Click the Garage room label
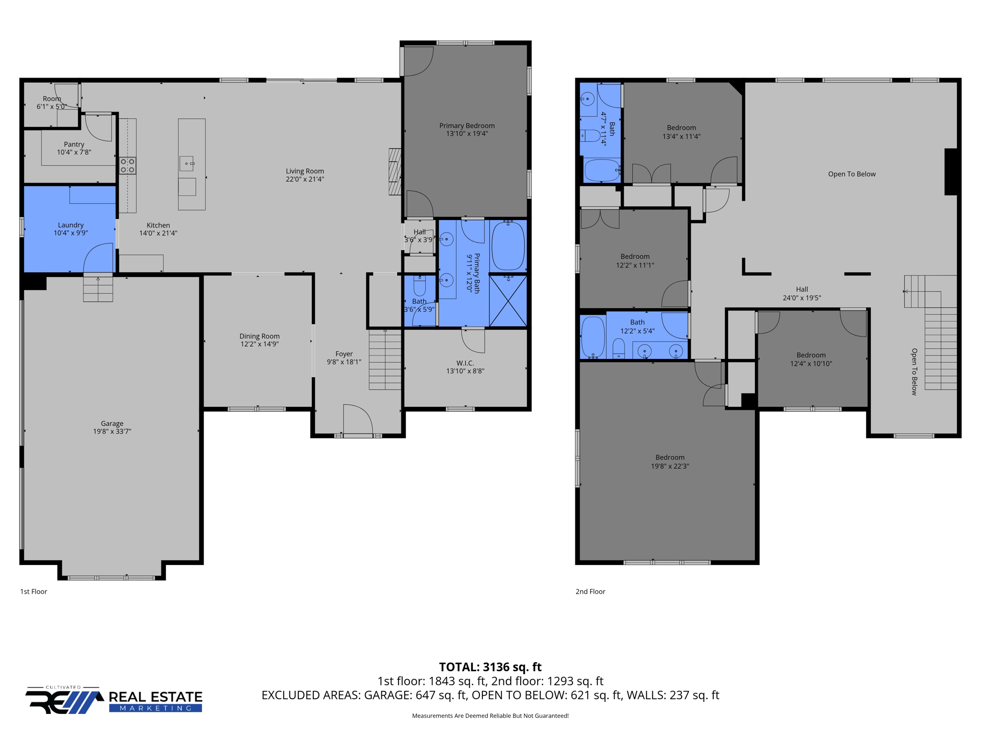coord(112,424)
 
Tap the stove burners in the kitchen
coord(127,166)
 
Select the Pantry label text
coord(74,144)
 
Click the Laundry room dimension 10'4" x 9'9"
coord(71,233)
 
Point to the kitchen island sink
coord(187,163)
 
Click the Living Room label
coord(305,171)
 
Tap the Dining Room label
coord(259,336)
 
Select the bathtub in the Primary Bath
coord(508,246)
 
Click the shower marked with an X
coord(508,301)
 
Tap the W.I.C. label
coord(465,363)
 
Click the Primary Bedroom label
coord(467,126)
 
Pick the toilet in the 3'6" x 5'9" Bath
coord(420,286)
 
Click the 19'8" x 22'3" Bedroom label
coord(670,462)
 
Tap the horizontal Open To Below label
coord(852,174)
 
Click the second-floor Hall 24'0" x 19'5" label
coord(802,293)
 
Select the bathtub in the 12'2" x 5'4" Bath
coord(593,337)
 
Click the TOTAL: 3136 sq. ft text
coord(490,667)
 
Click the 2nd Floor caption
coord(590,592)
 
